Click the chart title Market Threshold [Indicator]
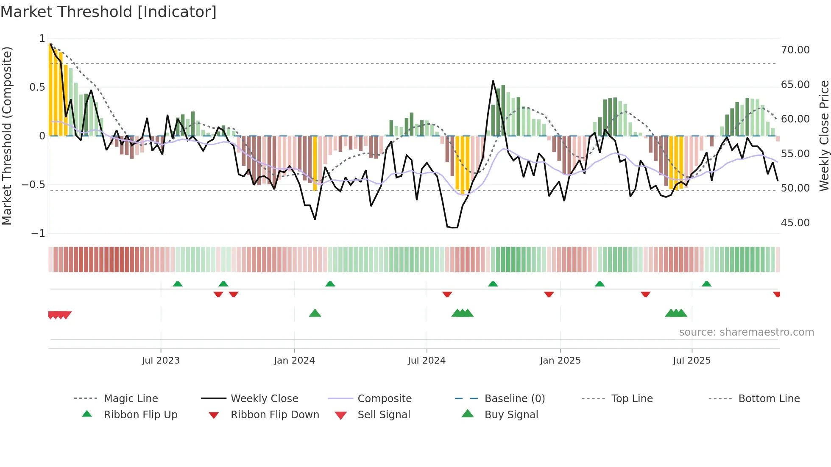point(109,12)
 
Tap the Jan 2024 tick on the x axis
point(294,361)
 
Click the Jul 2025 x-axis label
point(692,361)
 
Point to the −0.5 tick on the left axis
point(33,185)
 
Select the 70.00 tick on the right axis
point(795,50)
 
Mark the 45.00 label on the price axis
point(795,223)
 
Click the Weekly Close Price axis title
point(824,136)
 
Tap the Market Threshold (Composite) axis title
point(7,136)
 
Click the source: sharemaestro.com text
point(746,332)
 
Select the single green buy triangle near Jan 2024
point(315,313)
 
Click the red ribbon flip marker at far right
point(776,294)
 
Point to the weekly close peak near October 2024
point(493,81)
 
